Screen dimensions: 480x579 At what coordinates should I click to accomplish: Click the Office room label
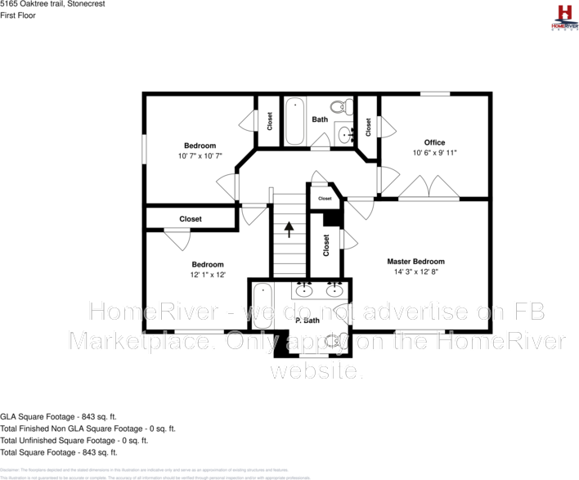[x=434, y=142]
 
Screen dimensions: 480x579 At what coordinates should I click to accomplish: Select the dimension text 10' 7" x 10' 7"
[x=200, y=155]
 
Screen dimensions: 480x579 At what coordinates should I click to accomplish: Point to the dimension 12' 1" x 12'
[x=208, y=275]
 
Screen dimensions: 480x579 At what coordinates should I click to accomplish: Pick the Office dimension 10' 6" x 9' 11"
[x=434, y=152]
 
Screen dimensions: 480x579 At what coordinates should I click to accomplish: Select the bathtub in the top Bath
[x=294, y=121]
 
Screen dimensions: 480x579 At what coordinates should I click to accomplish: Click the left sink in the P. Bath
[x=305, y=289]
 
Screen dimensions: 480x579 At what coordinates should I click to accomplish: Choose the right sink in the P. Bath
[x=334, y=289]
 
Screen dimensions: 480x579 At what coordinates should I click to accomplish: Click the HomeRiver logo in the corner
[x=563, y=16]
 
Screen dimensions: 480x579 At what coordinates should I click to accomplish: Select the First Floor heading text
[x=18, y=15]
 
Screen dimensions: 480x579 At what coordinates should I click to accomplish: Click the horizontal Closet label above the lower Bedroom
[x=191, y=219]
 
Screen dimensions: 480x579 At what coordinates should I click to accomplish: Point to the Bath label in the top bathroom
[x=320, y=119]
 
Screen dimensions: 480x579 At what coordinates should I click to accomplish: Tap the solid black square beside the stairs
[x=331, y=218]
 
